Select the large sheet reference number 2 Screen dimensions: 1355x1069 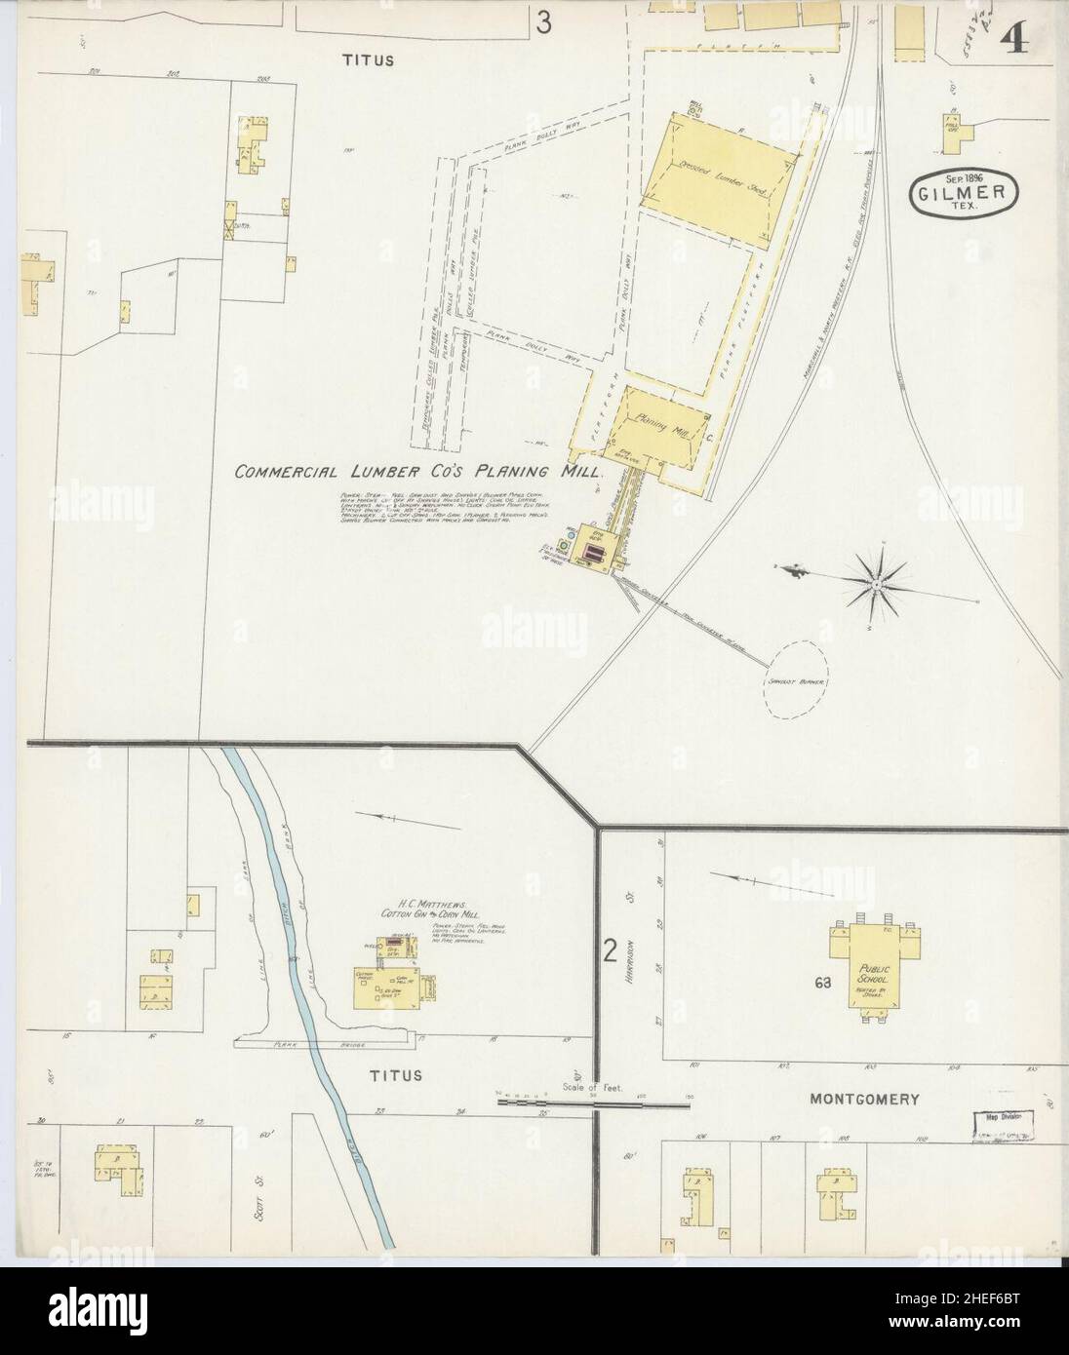point(611,950)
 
